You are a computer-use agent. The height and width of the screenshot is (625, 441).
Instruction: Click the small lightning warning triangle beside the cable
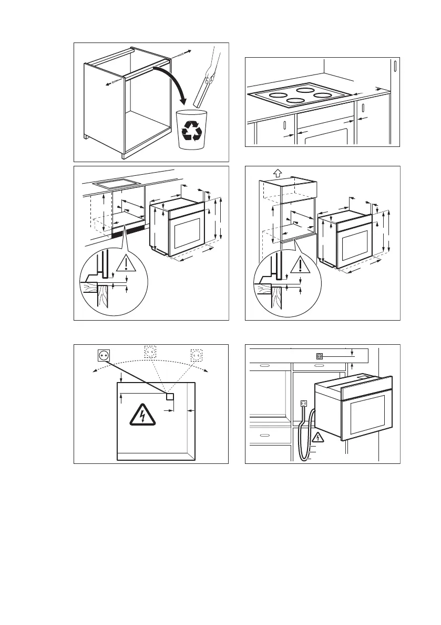[x=318, y=437]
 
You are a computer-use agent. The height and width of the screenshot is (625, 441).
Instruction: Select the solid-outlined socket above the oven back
[x=103, y=356]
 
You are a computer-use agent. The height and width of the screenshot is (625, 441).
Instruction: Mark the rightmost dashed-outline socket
[x=197, y=355]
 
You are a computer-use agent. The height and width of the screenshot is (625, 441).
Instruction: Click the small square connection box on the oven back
[x=170, y=396]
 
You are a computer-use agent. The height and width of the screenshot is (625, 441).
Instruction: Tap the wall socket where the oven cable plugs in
[x=303, y=405]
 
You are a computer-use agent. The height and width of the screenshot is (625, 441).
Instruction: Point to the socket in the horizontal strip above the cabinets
[x=318, y=356]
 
